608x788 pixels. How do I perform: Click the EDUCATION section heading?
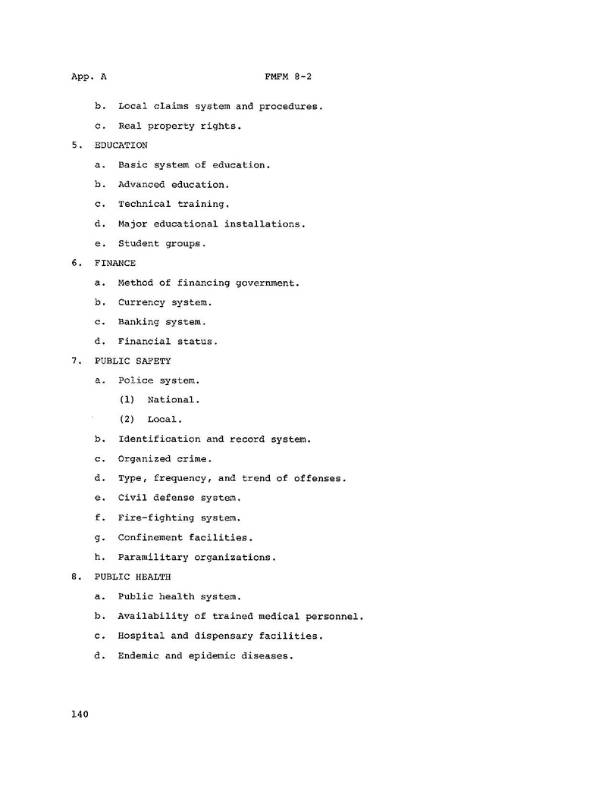[121, 145]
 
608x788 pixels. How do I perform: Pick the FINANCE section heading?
[115, 263]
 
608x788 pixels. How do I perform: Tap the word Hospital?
[141, 636]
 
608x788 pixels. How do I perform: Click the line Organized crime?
[165, 458]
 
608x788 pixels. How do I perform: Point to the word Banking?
[138, 322]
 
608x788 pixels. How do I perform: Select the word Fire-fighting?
[155, 518]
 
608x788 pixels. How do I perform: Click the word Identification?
[159, 439]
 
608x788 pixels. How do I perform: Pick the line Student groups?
[161, 243]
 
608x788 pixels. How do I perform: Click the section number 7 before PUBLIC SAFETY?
[76, 361]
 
